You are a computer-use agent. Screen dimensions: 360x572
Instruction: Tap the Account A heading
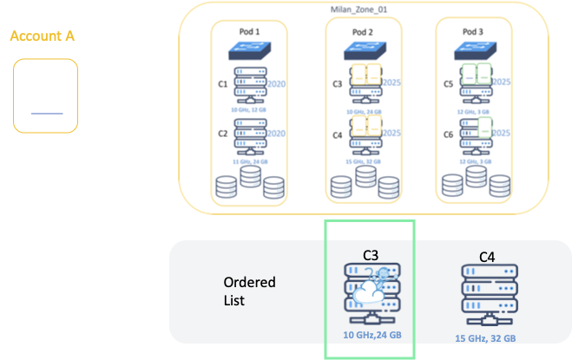42,36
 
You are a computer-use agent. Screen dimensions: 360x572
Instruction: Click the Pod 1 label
251,29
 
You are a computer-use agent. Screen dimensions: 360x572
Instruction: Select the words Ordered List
249,291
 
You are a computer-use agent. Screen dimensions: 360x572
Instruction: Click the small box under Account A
46,96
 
